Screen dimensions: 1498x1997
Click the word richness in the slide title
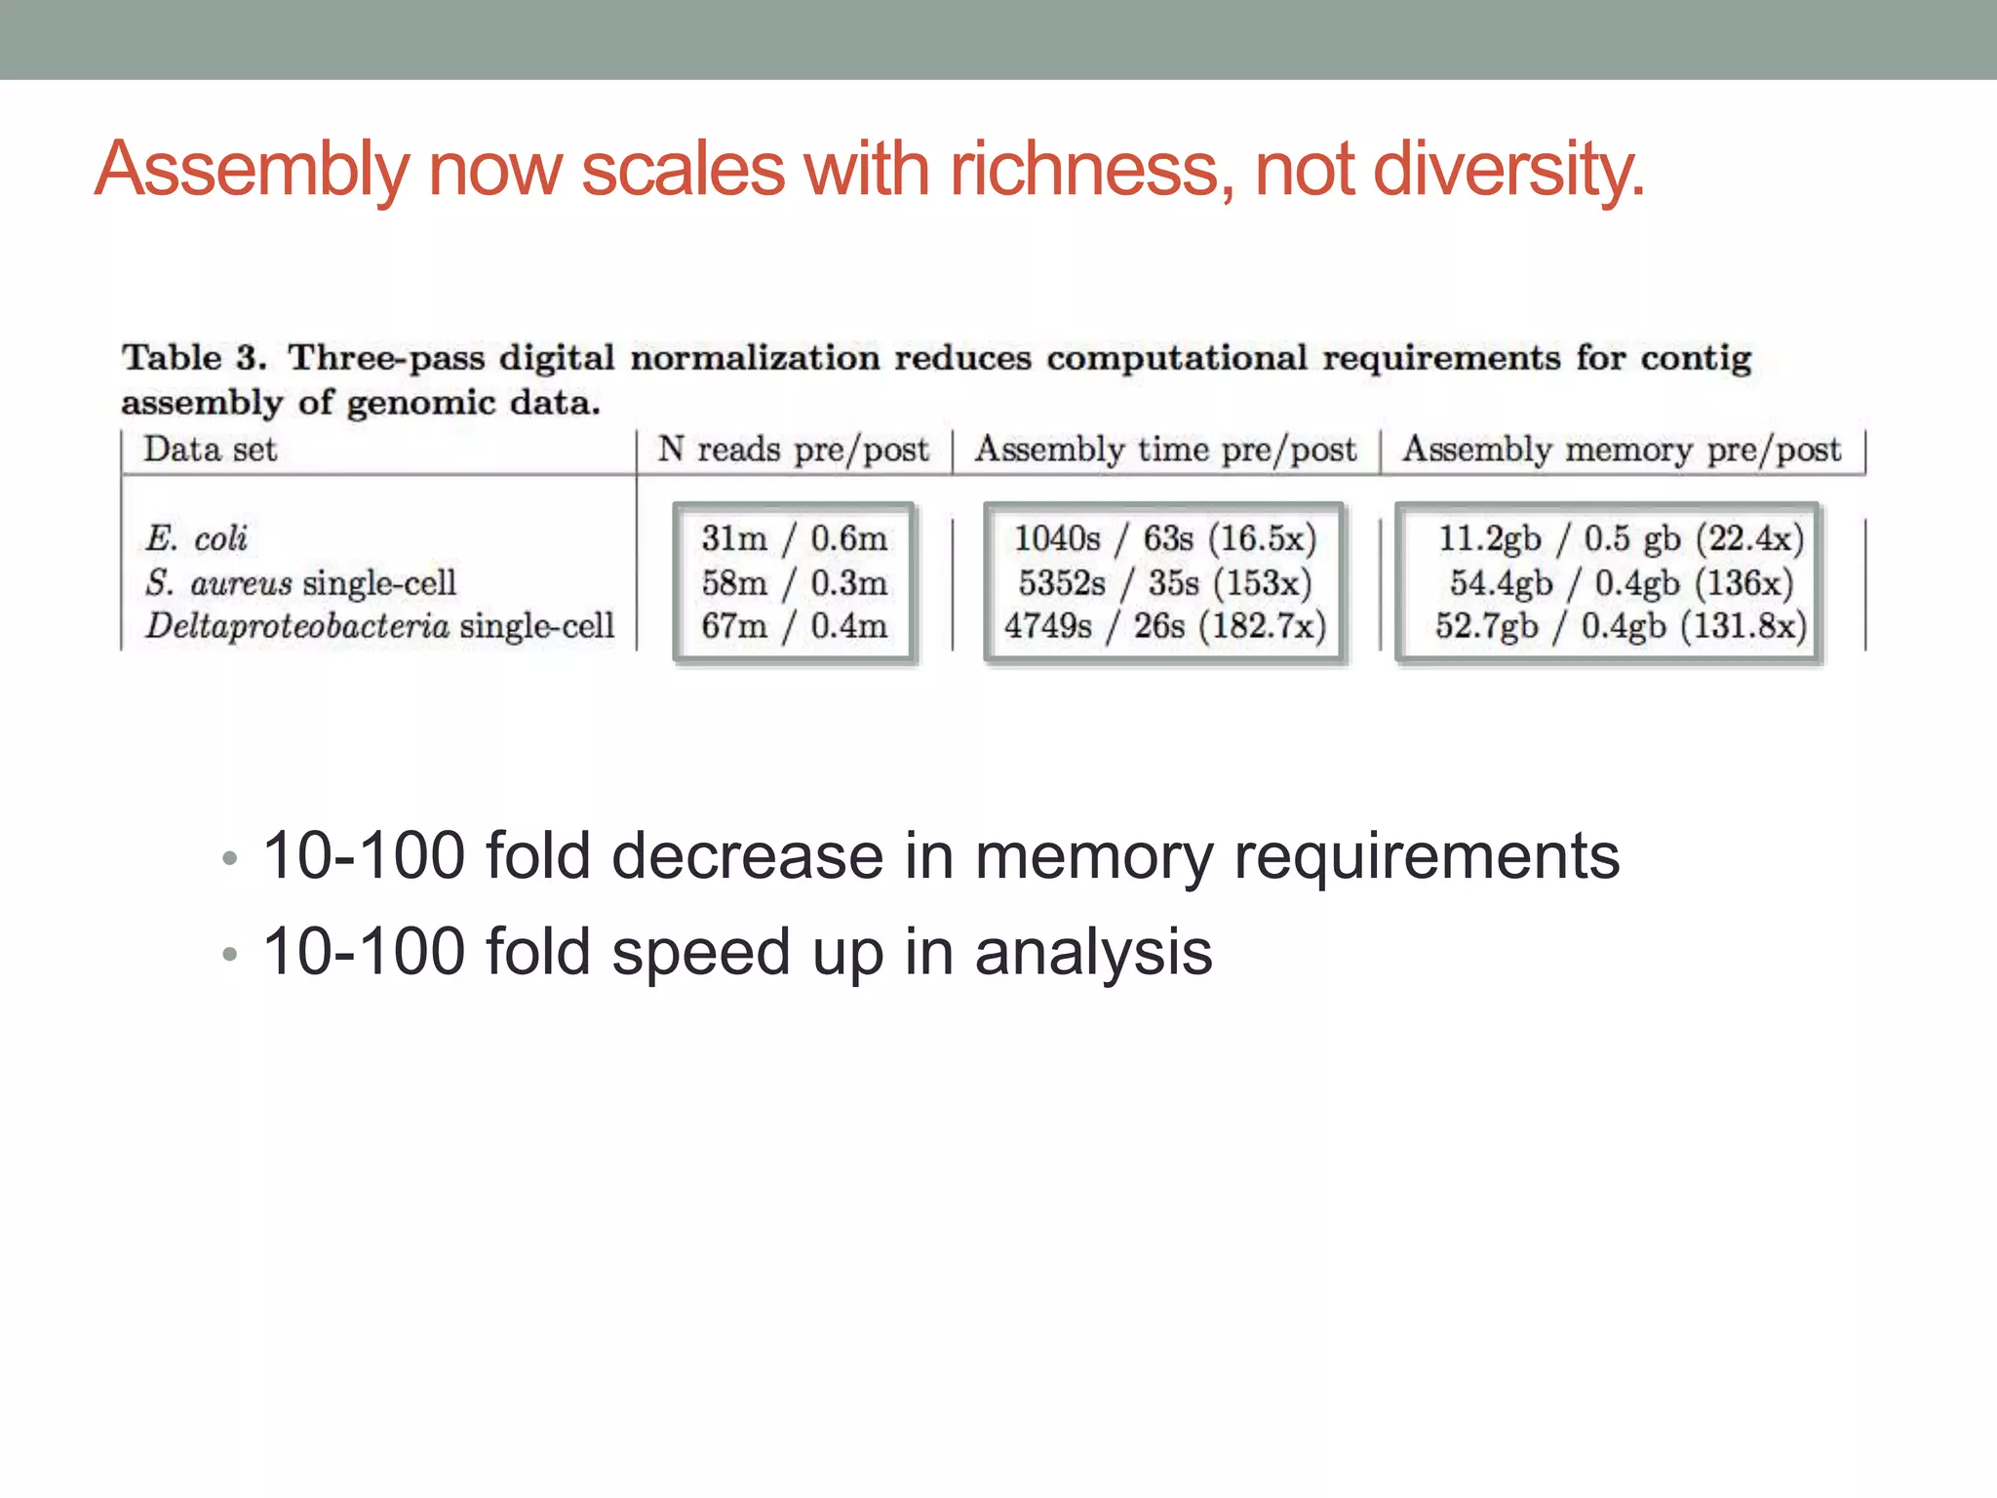click(1083, 170)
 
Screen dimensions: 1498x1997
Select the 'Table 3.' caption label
click(194, 358)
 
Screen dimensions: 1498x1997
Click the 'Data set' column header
click(211, 450)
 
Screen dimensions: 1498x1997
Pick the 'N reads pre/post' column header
click(793, 450)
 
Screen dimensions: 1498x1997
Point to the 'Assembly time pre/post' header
click(1165, 450)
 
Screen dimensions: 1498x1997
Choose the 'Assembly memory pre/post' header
click(1622, 450)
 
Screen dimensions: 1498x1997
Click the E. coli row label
click(196, 538)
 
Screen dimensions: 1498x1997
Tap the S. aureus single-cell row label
click(300, 583)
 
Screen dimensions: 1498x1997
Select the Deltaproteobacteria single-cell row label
click(380, 626)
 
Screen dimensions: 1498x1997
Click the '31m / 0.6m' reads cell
click(794, 538)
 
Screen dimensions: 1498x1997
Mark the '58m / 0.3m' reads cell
click(794, 583)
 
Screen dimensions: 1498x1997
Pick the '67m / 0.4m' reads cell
click(794, 626)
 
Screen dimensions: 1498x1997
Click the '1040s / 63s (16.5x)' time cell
click(1165, 538)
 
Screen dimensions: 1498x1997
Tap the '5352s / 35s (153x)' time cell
click(1165, 583)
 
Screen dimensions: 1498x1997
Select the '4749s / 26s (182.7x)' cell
click(1165, 626)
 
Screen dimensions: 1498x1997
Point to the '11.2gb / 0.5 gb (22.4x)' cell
click(1621, 538)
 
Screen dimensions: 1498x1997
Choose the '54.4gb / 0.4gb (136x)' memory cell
click(1621, 583)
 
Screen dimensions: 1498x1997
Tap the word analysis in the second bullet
click(1093, 953)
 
